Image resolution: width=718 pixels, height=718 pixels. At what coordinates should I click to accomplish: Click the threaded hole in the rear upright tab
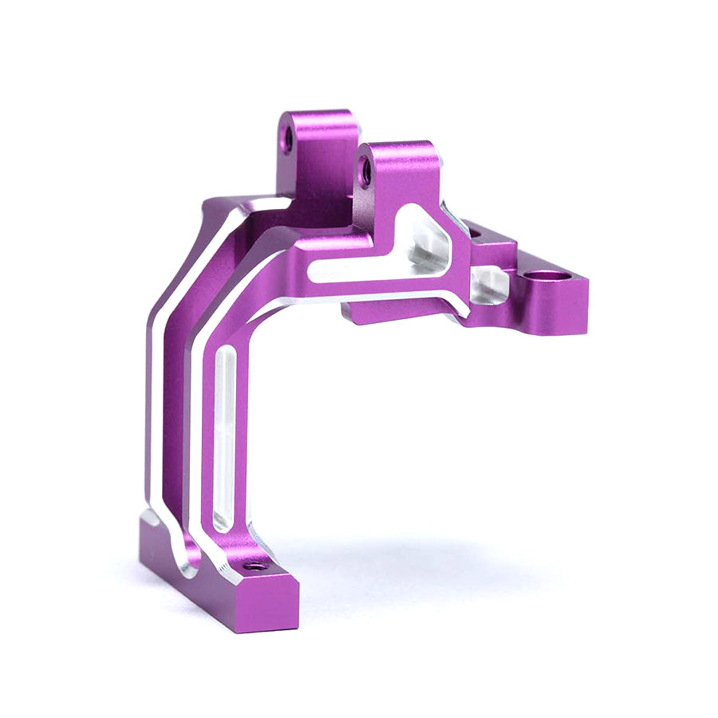pos(288,140)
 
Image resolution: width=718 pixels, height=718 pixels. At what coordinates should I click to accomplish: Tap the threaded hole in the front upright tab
pos(365,171)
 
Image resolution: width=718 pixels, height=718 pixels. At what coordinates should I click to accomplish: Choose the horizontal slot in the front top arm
pos(375,270)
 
